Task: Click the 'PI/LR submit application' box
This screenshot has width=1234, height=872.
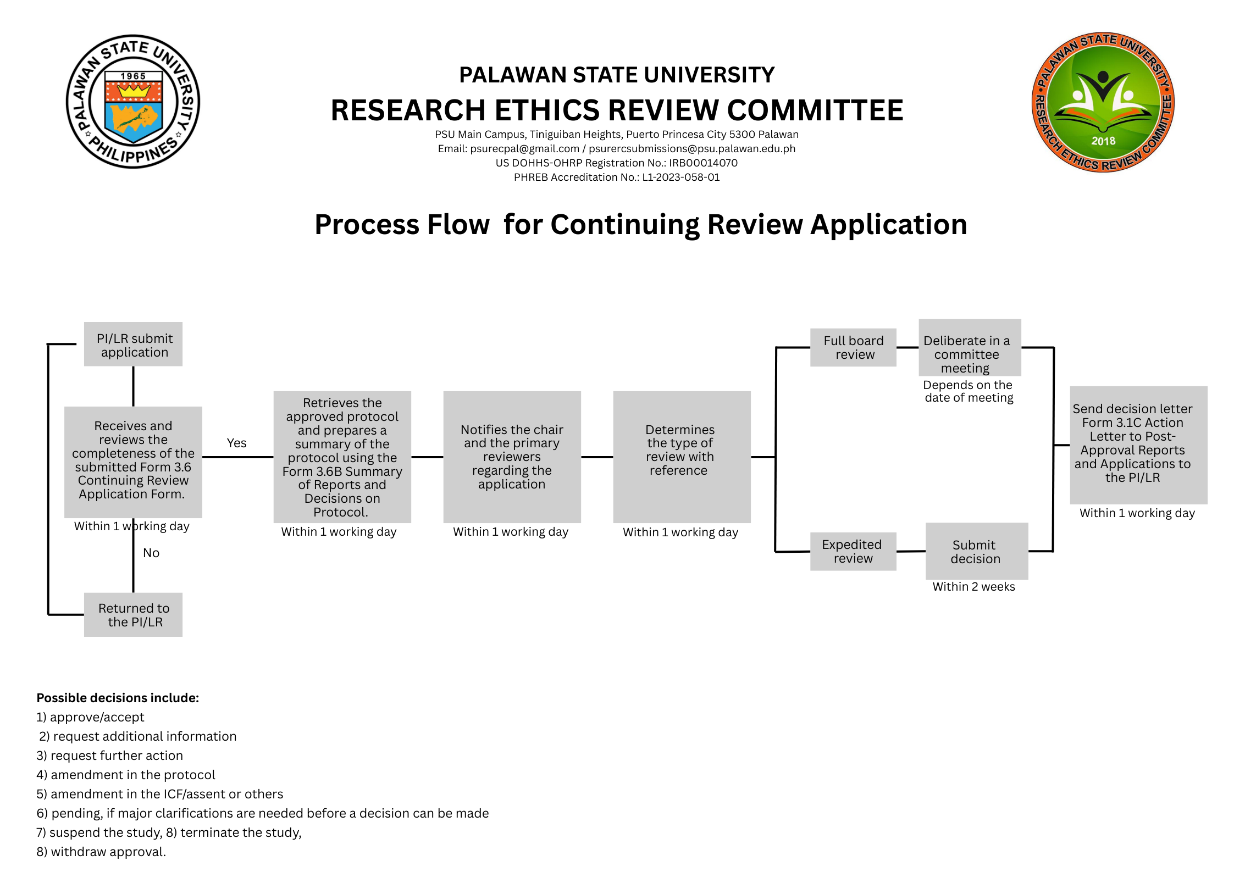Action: [133, 345]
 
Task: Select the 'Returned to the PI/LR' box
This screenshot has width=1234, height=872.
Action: [133, 614]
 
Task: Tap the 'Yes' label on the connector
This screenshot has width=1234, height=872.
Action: [236, 443]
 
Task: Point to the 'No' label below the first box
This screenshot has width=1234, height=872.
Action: [151, 553]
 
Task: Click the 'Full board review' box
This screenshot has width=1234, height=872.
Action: [853, 347]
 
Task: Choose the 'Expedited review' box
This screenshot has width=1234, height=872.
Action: [853, 551]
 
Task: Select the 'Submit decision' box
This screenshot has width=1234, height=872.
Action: [976, 551]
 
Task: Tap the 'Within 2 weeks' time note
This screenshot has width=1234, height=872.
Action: [973, 586]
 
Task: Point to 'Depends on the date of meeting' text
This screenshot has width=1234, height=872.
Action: [968, 391]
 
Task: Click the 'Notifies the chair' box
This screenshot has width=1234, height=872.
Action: [512, 457]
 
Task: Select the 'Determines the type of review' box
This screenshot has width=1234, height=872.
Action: [681, 457]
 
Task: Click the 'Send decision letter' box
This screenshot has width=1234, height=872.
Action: [1138, 445]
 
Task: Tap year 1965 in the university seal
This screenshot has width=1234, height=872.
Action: [133, 76]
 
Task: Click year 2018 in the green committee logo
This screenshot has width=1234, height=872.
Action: [1103, 141]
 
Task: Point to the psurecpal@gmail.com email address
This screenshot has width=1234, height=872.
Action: [524, 148]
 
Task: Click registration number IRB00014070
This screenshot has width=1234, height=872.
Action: [703, 163]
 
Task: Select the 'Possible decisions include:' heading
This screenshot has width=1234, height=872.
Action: [118, 698]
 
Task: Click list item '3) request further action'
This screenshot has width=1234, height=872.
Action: [109, 756]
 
